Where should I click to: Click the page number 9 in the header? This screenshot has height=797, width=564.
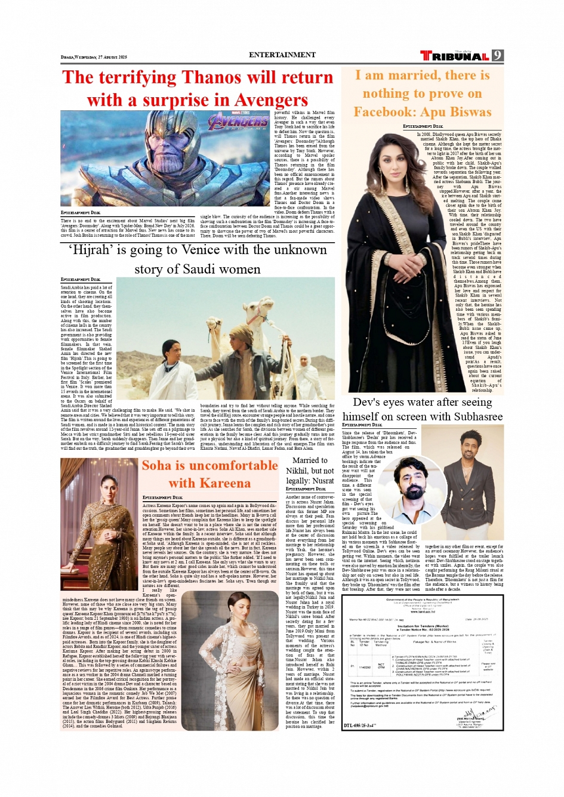tap(498, 55)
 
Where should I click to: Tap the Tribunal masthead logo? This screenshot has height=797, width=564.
tap(454, 55)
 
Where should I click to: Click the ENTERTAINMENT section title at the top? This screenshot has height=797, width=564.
tap(282, 55)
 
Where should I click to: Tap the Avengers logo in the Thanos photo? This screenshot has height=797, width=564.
tap(238, 122)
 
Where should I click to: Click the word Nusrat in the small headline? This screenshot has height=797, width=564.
tap(322, 480)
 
